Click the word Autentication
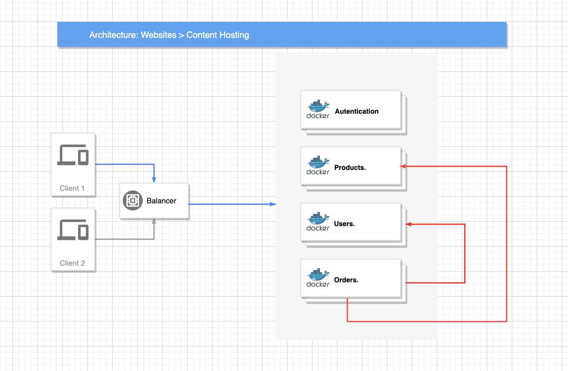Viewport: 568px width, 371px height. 357,111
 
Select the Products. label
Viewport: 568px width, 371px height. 350,168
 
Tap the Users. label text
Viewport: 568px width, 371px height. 344,224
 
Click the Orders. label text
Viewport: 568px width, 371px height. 346,280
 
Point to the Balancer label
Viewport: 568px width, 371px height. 161,201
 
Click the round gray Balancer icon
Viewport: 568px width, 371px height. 132,201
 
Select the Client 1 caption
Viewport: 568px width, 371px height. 72,188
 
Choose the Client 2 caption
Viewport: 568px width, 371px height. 72,263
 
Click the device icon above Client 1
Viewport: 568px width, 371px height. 73,155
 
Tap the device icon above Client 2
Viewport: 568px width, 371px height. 73,230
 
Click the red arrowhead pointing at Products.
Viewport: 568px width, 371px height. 403,166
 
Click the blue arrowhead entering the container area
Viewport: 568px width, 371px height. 273,204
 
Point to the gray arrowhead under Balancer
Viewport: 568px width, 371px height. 154,221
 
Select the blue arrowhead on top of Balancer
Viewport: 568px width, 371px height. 154,180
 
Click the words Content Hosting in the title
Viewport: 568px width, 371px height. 218,35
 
